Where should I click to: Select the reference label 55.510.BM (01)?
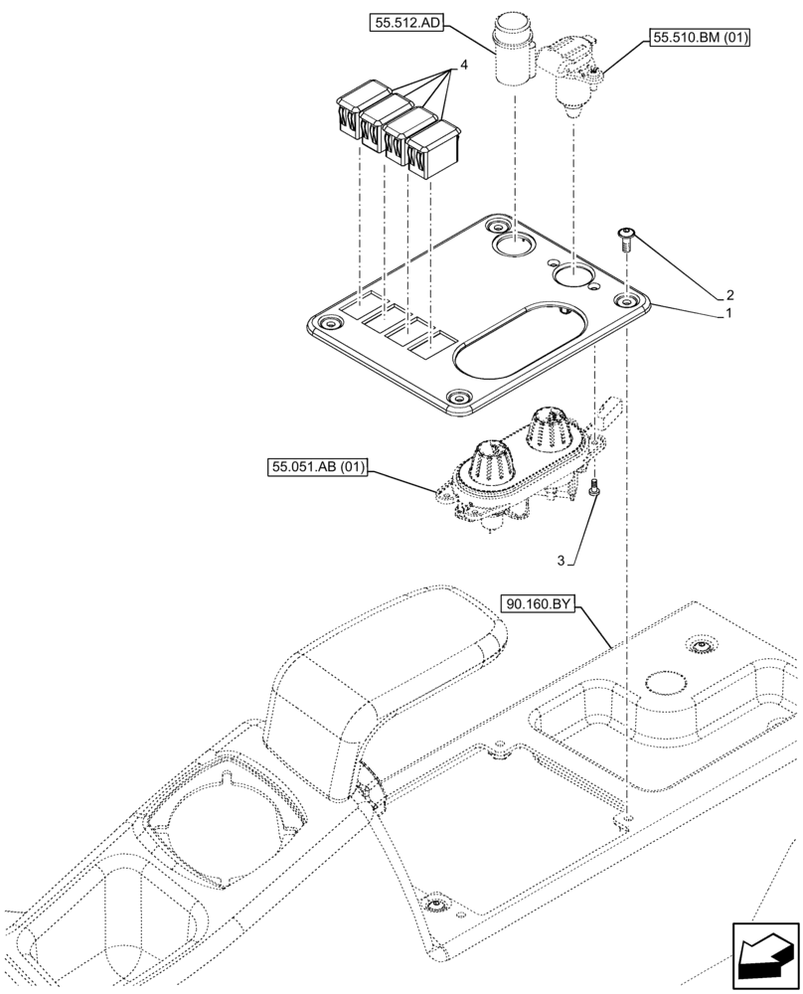point(701,39)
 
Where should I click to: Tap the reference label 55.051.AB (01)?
point(316,466)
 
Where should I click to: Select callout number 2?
point(729,295)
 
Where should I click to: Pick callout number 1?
point(729,312)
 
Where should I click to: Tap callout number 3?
point(561,562)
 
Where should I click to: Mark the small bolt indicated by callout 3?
point(594,487)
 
